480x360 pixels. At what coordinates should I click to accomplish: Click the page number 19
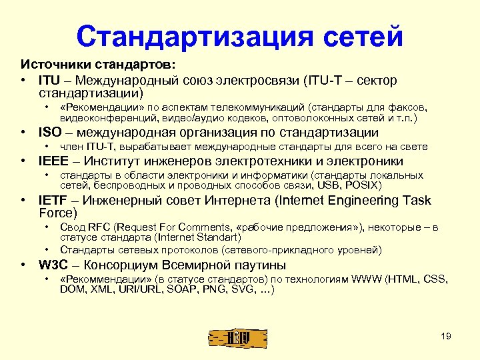[x=446, y=336]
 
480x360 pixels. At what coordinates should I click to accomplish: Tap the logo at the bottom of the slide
[x=238, y=337]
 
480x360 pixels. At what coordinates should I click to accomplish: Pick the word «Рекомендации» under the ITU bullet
[x=99, y=107]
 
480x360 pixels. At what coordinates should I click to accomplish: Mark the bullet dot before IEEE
[x=25, y=161]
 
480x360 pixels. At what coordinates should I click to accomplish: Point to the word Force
[x=58, y=213]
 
